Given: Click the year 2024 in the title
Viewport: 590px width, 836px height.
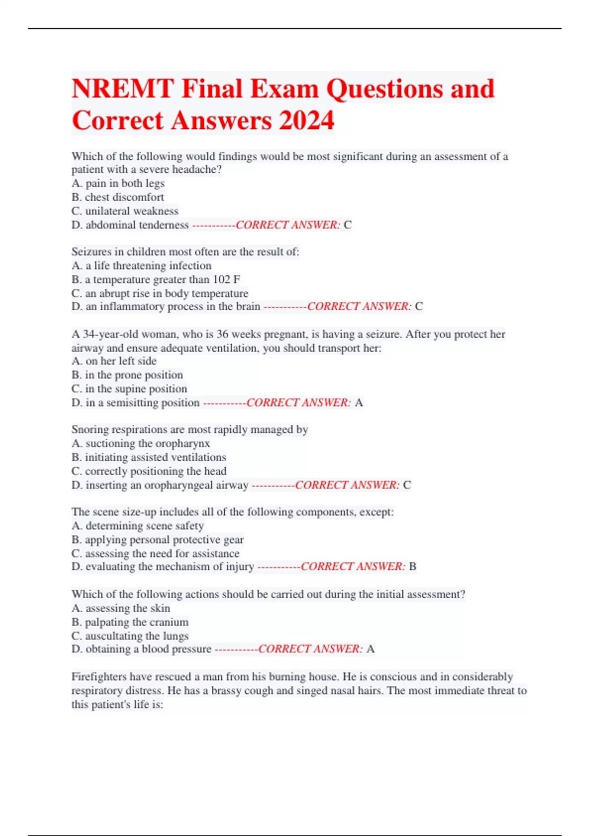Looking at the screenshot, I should (x=307, y=121).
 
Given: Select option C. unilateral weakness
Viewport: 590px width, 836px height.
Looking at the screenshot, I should (x=125, y=211).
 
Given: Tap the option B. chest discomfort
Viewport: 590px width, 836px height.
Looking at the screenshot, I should (x=118, y=197).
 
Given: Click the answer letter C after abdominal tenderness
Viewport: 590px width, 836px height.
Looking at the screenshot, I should (x=348, y=225).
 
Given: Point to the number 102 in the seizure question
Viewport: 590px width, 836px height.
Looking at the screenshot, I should (x=221, y=280).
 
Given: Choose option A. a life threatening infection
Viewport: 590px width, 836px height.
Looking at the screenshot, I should (x=142, y=266).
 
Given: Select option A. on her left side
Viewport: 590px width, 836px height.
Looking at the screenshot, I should (x=114, y=361).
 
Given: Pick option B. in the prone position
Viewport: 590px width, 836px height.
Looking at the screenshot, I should (x=127, y=375).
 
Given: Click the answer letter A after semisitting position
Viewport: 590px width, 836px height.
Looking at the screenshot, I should (x=359, y=403).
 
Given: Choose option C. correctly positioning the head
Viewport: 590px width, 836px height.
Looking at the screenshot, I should (x=149, y=471).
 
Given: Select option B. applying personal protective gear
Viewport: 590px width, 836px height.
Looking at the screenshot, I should (x=157, y=540).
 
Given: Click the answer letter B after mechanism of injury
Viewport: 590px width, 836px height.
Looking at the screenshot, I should (x=413, y=567).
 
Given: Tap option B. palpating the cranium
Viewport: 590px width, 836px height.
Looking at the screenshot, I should (x=130, y=622).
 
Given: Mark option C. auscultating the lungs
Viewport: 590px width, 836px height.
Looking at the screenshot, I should (x=130, y=636).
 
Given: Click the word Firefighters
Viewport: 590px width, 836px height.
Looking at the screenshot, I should (x=98, y=677).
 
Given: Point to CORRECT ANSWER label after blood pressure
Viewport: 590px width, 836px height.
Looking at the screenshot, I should (x=310, y=649).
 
